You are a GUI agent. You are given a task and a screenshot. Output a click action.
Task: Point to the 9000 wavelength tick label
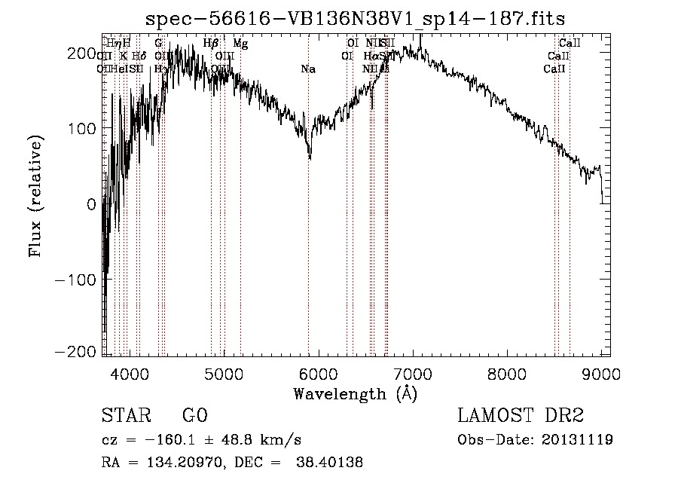pyautogui.click(x=601, y=374)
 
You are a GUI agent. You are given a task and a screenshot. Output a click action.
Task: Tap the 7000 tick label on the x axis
pyautogui.click(x=413, y=374)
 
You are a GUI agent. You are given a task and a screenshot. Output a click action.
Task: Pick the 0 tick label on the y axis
pyautogui.click(x=92, y=203)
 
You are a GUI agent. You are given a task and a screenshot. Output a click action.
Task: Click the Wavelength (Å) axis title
pyautogui.click(x=355, y=393)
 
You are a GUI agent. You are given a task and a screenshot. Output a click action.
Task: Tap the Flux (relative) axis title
pyautogui.click(x=35, y=196)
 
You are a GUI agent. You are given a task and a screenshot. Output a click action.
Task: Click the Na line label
pyautogui.click(x=307, y=69)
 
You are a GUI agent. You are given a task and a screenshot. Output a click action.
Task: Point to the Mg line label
pyautogui.click(x=240, y=44)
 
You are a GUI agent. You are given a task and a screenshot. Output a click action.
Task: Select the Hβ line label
pyautogui.click(x=210, y=44)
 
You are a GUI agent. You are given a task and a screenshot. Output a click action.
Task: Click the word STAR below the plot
pyautogui.click(x=125, y=416)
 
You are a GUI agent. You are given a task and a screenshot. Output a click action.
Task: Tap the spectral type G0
pyautogui.click(x=194, y=416)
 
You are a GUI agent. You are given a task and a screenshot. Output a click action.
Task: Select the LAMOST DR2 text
pyautogui.click(x=521, y=416)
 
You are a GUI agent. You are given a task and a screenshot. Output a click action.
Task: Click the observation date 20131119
pyautogui.click(x=577, y=439)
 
